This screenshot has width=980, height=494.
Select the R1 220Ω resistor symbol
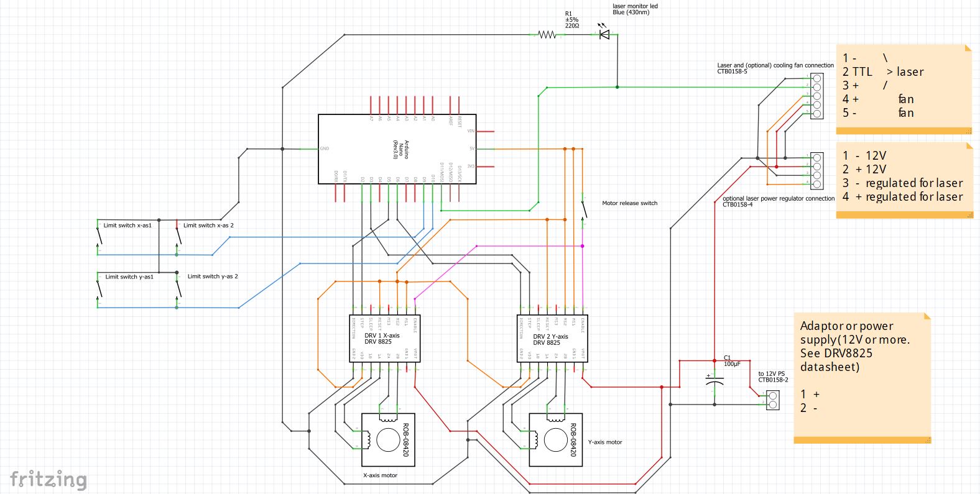547,35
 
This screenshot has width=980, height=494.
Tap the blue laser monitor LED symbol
604,34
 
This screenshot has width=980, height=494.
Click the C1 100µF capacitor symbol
715,380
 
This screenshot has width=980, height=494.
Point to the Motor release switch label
629,203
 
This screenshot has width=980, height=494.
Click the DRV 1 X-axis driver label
382,339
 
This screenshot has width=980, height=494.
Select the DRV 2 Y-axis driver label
550,339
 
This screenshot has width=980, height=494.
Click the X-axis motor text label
380,475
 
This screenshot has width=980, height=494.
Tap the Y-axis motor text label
604,442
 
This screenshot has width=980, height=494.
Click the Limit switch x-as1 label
127,226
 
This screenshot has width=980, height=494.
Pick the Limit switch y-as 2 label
213,277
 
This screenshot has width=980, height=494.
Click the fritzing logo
48,480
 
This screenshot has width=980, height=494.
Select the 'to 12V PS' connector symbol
772,400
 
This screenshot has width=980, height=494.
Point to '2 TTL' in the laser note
857,72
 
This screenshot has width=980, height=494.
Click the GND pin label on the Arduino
324,149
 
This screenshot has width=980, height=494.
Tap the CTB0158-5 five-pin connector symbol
816,96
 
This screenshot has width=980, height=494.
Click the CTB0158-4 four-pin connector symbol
816,171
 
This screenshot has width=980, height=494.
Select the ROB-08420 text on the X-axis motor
405,440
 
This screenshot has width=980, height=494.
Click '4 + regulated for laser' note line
902,197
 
